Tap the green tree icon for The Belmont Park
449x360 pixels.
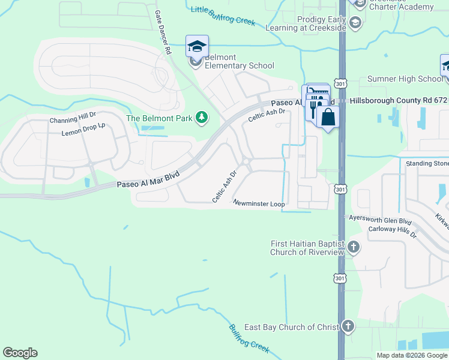click(202, 118)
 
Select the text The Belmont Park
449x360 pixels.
click(158, 118)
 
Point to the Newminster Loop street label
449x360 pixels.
click(259, 204)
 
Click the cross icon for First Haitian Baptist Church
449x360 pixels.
click(354, 247)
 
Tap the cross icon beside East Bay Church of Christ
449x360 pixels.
click(348, 326)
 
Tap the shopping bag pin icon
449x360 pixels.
click(328, 116)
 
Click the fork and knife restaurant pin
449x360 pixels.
click(313, 109)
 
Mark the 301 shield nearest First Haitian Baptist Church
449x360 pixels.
click(340, 278)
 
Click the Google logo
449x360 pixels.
click(20, 353)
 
